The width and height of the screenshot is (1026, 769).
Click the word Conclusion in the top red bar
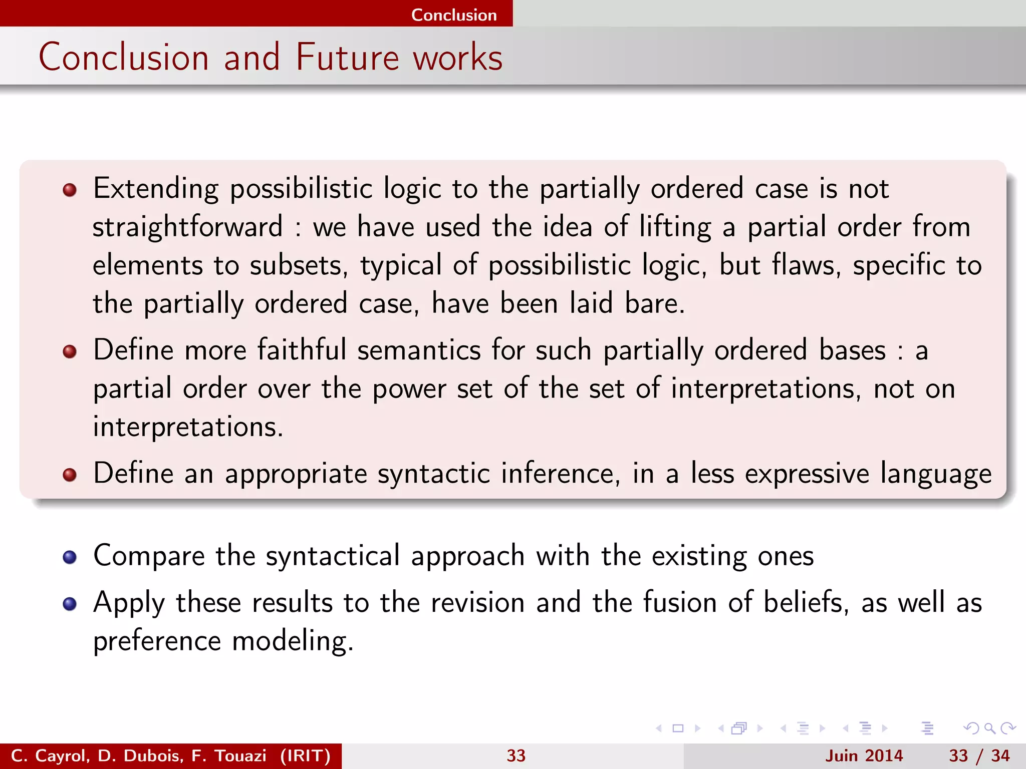(454, 15)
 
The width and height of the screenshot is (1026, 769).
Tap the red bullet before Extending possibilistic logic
(70, 190)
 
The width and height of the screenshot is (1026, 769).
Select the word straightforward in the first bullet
(188, 227)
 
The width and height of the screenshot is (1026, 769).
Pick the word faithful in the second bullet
(302, 349)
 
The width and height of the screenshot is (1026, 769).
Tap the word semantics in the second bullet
(419, 349)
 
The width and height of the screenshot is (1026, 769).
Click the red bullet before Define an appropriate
(70, 474)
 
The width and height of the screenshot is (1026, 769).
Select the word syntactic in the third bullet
(433, 474)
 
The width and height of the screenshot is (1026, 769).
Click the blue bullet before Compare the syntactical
(70, 557)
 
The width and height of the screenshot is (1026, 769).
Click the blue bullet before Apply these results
(70, 603)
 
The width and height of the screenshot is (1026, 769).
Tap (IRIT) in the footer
(305, 755)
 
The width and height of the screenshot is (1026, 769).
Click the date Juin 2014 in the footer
(864, 755)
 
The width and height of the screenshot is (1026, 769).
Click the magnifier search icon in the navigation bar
(989, 728)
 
